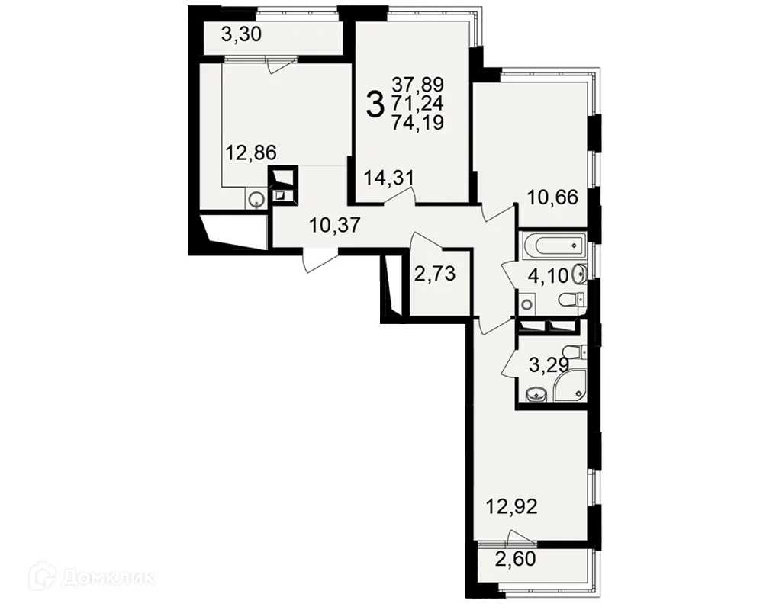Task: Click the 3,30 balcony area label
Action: point(241,35)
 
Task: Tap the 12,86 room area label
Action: point(251,152)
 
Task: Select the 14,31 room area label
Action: point(389,178)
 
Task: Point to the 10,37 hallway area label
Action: point(335,225)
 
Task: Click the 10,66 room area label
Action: point(552,197)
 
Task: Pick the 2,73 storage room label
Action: point(435,274)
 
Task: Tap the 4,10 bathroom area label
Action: point(549,276)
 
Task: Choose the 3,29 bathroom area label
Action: point(549,364)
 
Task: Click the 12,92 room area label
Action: point(512,507)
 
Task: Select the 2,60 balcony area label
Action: point(515,560)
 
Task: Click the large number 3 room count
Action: point(375,105)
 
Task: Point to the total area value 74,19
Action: point(418,123)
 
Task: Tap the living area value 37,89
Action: point(418,85)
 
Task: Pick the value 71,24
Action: point(418,104)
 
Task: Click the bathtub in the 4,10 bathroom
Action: point(554,246)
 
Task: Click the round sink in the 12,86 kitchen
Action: point(256,199)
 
